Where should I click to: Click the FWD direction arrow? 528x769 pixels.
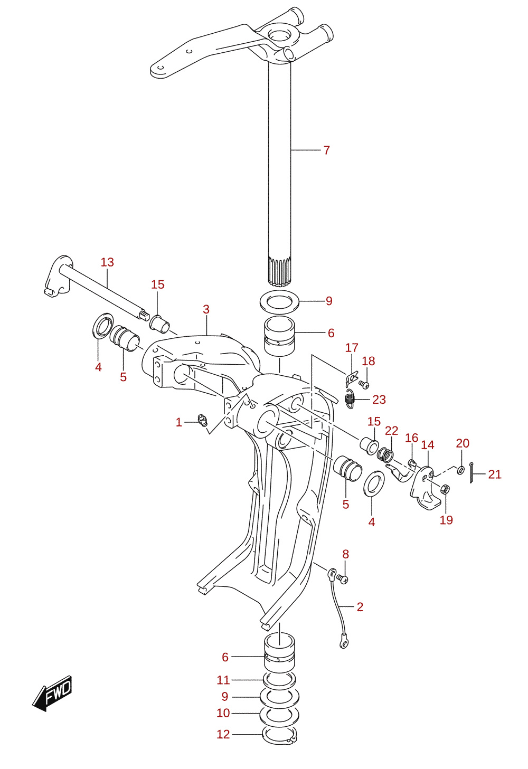coord(52,694)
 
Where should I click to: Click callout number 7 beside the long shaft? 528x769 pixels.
coord(326,150)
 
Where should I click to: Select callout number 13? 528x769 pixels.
coord(107,262)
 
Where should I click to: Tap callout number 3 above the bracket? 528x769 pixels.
coord(206,309)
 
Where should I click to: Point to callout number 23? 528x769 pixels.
coord(379,399)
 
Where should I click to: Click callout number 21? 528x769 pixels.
coord(495,474)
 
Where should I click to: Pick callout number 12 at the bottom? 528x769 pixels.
coord(223,734)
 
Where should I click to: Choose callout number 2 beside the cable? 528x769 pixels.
coord(360,606)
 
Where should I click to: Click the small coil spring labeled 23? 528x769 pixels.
coord(350,399)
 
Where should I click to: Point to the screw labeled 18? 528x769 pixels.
coord(363,384)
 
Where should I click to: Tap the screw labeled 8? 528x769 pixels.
coord(343,579)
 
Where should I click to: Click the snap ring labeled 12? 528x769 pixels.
coord(280,737)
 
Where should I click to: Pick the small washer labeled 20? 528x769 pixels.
coord(460,469)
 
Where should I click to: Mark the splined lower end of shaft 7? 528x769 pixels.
coord(279,271)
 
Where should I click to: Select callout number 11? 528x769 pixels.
coord(223,680)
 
